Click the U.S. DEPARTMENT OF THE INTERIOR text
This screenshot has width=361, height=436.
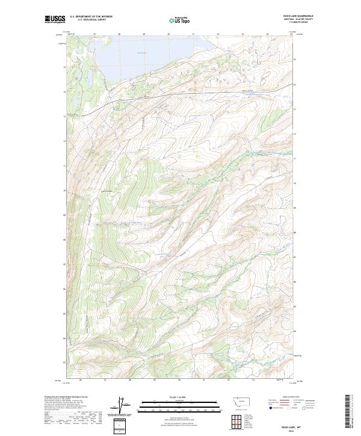[x=91, y=16]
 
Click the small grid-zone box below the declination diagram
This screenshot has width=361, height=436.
[x=121, y=424]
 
